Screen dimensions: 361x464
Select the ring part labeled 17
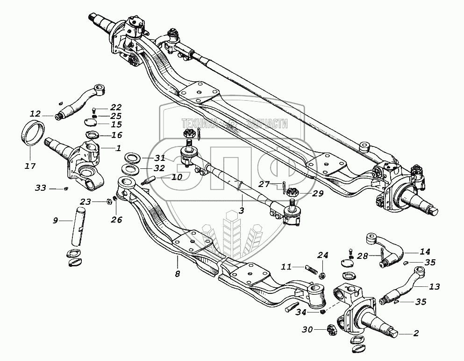(34, 132)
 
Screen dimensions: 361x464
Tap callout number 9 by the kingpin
(56, 220)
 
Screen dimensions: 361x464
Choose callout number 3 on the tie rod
(242, 210)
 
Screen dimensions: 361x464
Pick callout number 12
(36, 114)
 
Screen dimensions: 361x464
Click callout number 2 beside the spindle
(415, 333)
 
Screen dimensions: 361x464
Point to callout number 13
(434, 286)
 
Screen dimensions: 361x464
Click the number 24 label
(323, 255)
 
